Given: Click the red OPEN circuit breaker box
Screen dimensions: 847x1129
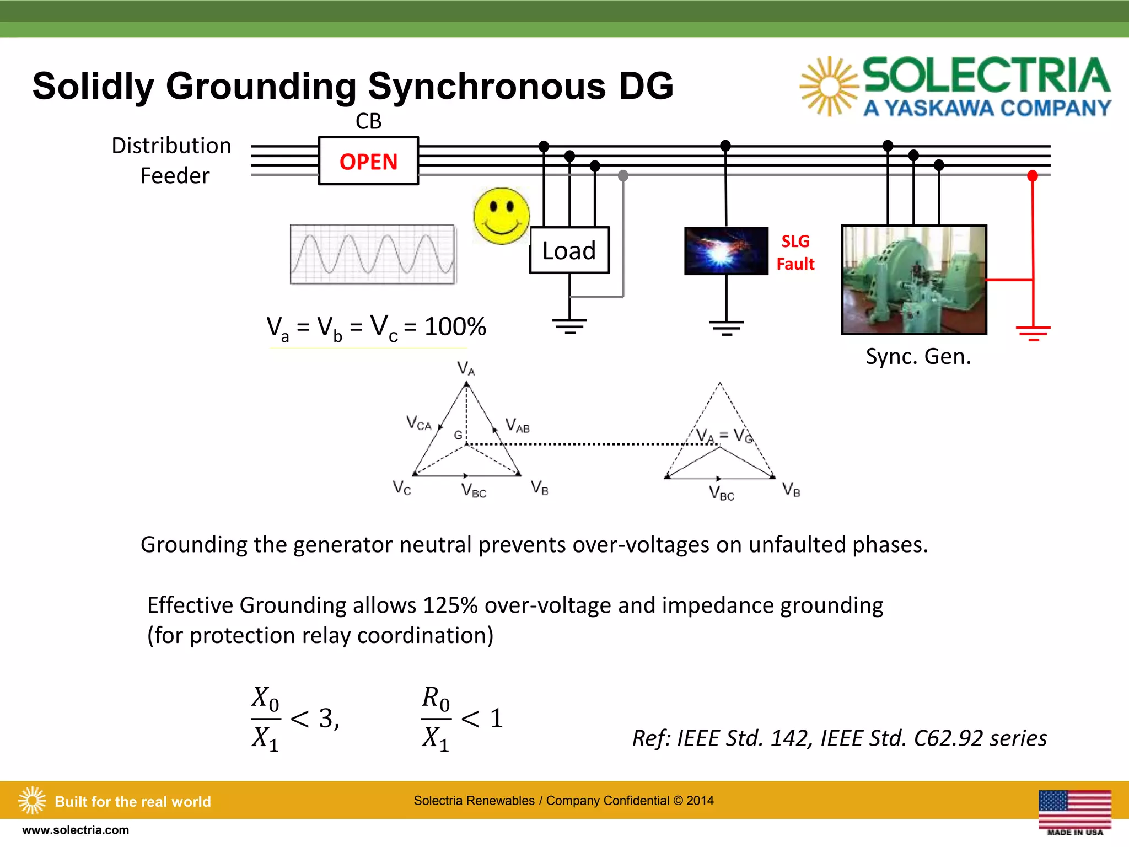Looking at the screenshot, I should [x=368, y=161].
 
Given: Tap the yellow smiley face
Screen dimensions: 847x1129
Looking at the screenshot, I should [x=501, y=216].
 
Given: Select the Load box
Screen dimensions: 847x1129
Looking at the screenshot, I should [x=569, y=250].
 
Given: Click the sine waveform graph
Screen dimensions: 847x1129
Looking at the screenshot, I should [x=373, y=254].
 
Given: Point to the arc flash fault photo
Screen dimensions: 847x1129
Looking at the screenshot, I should [x=726, y=251].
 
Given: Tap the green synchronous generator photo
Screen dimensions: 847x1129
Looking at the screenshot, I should [x=914, y=280].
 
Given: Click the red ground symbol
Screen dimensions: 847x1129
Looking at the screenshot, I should [x=1033, y=333].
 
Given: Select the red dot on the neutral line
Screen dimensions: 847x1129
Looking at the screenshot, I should [x=1033, y=176].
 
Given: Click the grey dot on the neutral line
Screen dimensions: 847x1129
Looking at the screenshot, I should [x=623, y=176].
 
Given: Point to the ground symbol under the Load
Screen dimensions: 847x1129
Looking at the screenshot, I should [x=569, y=326].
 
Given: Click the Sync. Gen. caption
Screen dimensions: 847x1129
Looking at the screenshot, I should [x=918, y=357].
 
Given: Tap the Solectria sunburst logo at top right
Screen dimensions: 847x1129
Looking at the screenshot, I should [x=829, y=87].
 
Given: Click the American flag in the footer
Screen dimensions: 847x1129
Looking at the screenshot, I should [x=1074, y=810].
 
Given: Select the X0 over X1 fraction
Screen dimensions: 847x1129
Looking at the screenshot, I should [x=266, y=719].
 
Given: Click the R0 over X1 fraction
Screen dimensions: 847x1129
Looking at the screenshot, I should [x=436, y=719].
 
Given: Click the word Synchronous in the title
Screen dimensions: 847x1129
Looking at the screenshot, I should [x=487, y=87].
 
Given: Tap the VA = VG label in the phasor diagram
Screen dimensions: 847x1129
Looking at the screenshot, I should [x=724, y=436].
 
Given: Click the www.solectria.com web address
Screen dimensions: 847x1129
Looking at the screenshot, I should [x=76, y=830].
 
